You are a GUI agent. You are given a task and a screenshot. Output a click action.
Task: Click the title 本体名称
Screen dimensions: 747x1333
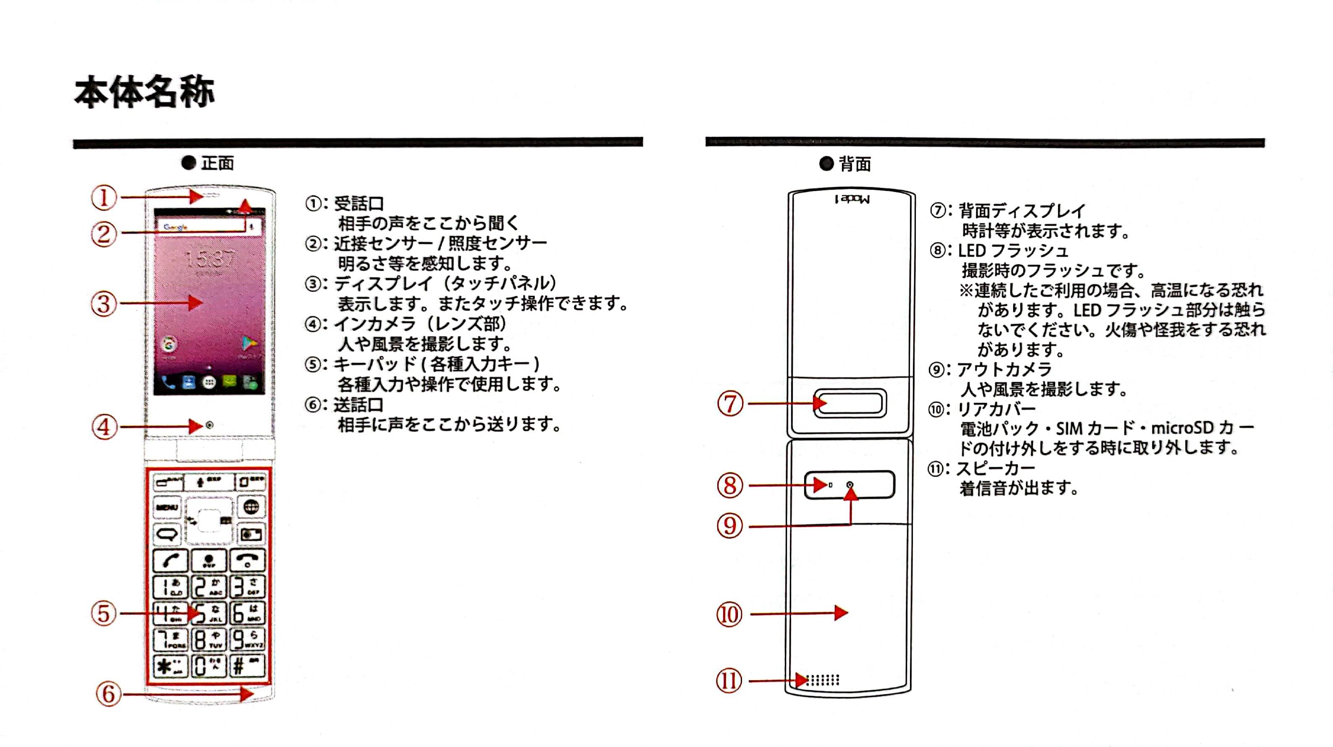click(x=144, y=92)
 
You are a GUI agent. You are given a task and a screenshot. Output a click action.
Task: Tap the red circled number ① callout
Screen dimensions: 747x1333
click(x=104, y=198)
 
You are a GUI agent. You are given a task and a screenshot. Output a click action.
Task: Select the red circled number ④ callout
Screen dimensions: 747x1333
click(x=104, y=427)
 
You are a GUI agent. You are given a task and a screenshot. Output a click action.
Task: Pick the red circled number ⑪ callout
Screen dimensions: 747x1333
click(x=729, y=681)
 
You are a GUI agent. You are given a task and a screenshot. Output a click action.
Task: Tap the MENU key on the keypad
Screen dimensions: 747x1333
click(x=167, y=507)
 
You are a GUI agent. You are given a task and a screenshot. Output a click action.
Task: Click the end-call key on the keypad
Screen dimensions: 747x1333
click(x=247, y=560)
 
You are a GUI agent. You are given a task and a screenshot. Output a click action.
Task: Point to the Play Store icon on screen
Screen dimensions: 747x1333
click(x=249, y=343)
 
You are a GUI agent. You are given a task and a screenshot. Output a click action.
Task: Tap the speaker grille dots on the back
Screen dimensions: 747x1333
click(x=823, y=680)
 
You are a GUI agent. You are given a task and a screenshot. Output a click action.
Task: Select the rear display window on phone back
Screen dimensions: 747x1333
click(x=851, y=403)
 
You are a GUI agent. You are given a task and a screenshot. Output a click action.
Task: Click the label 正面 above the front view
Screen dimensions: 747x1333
click(x=217, y=164)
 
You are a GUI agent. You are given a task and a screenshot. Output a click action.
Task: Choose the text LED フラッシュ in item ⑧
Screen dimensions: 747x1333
click(x=1013, y=251)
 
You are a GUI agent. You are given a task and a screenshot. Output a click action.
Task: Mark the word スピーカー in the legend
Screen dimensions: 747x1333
click(x=996, y=469)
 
